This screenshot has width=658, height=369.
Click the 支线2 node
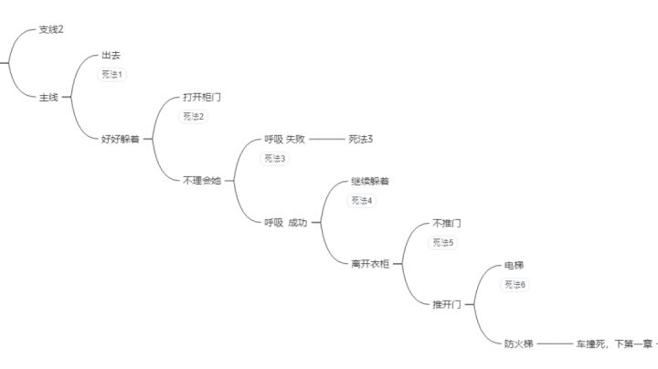pos(51,29)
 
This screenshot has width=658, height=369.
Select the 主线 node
pos(48,98)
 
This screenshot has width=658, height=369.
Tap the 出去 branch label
pos(111,55)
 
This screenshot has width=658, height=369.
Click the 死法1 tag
pos(111,75)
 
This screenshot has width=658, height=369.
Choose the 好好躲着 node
pos(121,139)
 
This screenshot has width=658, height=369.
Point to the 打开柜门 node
pos(202,98)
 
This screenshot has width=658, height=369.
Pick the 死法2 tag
pos(193,117)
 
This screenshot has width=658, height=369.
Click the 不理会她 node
pos(202,181)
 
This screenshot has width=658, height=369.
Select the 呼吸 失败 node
pos(284,139)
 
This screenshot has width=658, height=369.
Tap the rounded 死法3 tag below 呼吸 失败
pos(274,159)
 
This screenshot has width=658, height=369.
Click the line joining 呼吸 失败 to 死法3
pos(326,139)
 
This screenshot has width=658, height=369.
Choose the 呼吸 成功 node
pos(286,223)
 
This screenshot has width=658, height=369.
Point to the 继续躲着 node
pos(370,181)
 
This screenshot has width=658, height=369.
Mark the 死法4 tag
pos(361,200)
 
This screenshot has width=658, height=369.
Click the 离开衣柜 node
pos(370,264)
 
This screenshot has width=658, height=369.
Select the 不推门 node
pos(447,223)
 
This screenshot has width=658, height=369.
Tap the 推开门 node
pos(447,304)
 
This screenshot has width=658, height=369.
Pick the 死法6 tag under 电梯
pos(515,285)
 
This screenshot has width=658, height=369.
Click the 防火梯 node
pos(518,343)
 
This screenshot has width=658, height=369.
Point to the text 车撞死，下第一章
pos(614,343)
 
